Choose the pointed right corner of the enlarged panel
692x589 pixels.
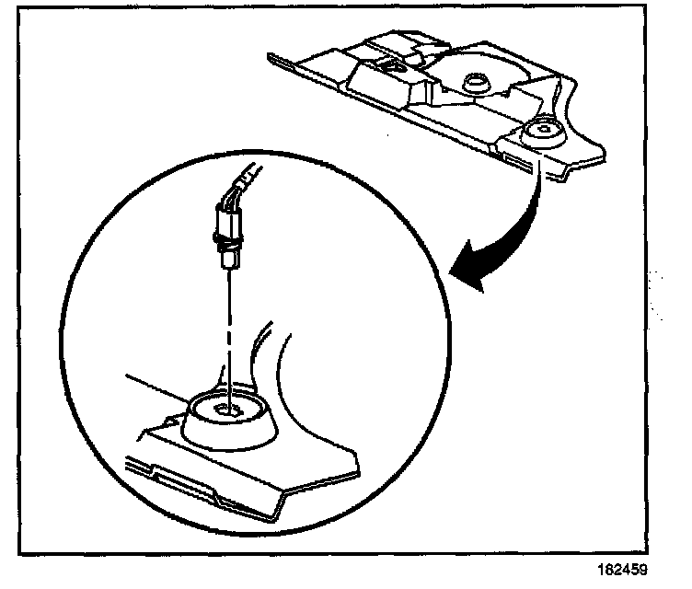(x=353, y=454)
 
